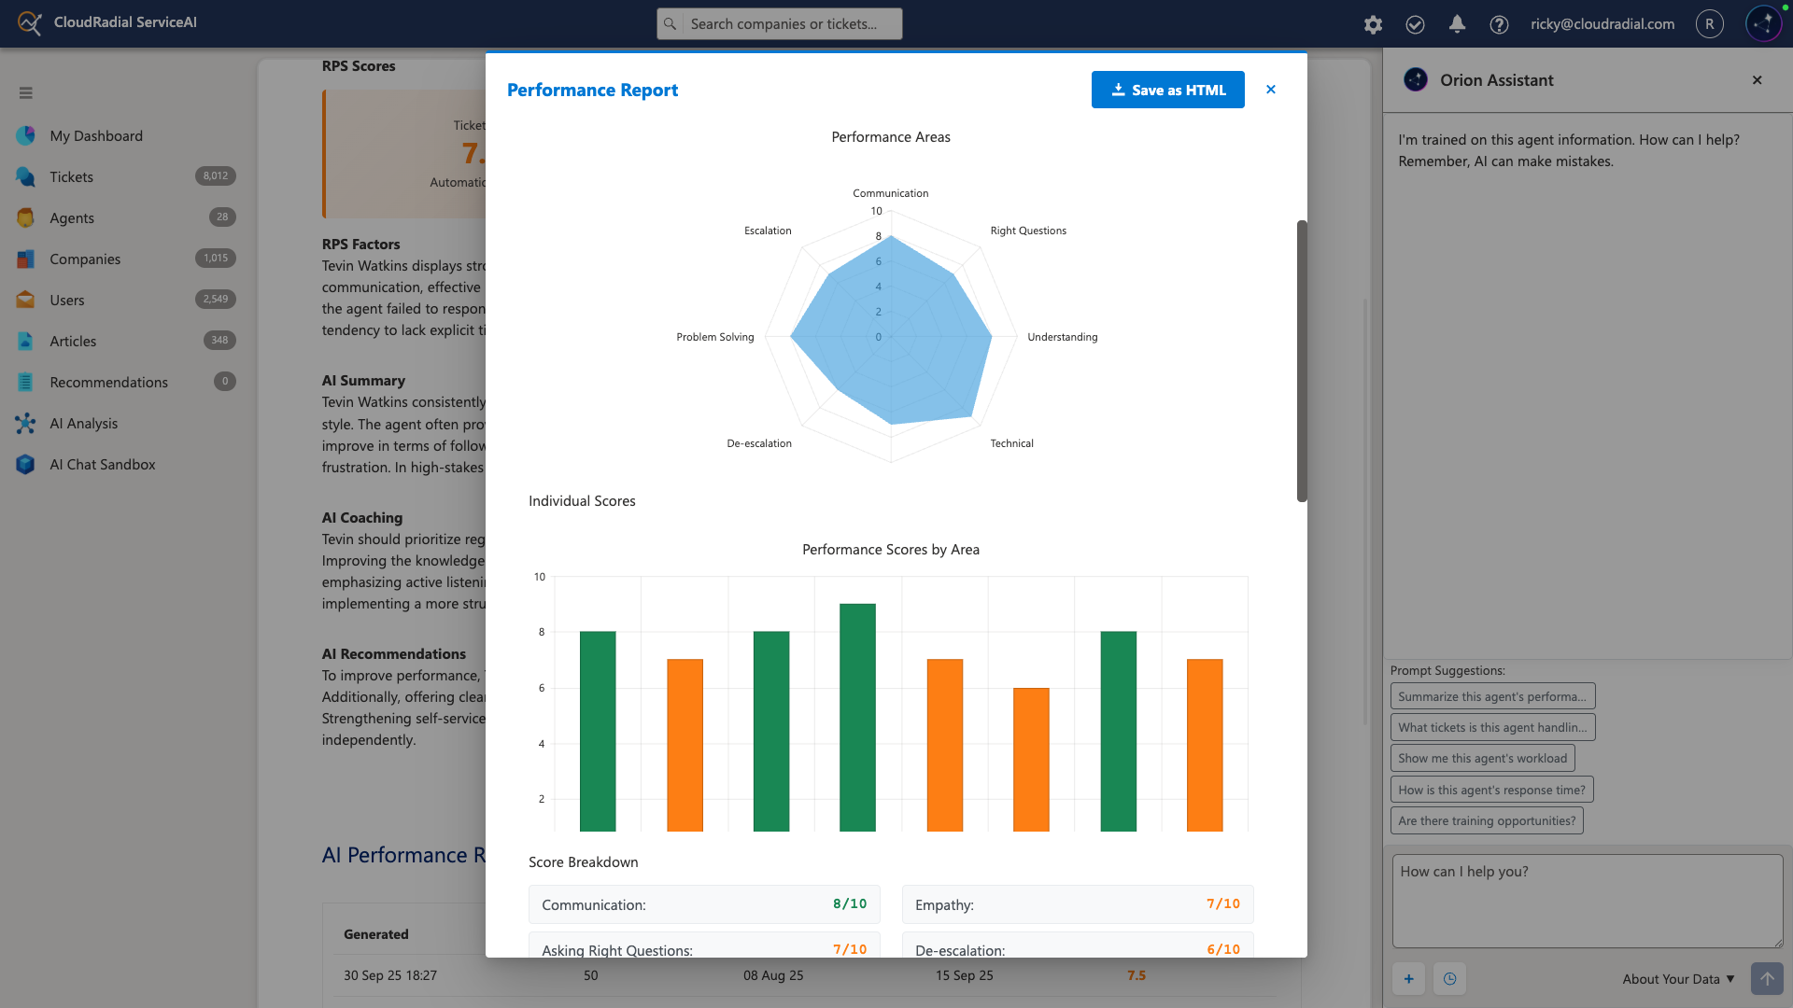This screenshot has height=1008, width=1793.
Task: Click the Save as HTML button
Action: pyautogui.click(x=1167, y=90)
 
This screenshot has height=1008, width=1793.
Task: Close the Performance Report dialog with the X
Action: pyautogui.click(x=1270, y=90)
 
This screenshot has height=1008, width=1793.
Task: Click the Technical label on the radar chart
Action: pyautogui.click(x=1011, y=443)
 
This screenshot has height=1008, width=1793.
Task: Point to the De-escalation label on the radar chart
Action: pyautogui.click(x=758, y=443)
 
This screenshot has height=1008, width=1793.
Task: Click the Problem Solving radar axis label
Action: pyautogui.click(x=714, y=337)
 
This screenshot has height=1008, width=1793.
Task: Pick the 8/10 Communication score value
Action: pyautogui.click(x=849, y=903)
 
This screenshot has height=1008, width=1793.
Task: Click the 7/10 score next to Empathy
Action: pyautogui.click(x=1222, y=903)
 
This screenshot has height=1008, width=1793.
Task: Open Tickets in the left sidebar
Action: pyautogui.click(x=71, y=176)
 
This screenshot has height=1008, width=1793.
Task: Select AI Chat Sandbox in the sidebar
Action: pyautogui.click(x=103, y=464)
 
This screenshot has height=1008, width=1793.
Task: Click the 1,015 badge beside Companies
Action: pyautogui.click(x=216, y=259)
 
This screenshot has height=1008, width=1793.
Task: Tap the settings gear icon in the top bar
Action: pyautogui.click(x=1372, y=24)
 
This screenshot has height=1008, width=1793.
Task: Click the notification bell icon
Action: pyautogui.click(x=1456, y=24)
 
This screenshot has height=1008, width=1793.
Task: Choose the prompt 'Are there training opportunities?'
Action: pyautogui.click(x=1486, y=820)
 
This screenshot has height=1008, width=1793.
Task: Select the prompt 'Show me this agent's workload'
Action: pyautogui.click(x=1482, y=758)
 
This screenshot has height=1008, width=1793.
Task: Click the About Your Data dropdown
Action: pyautogui.click(x=1677, y=978)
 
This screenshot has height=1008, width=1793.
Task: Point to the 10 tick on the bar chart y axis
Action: pyautogui.click(x=540, y=577)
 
